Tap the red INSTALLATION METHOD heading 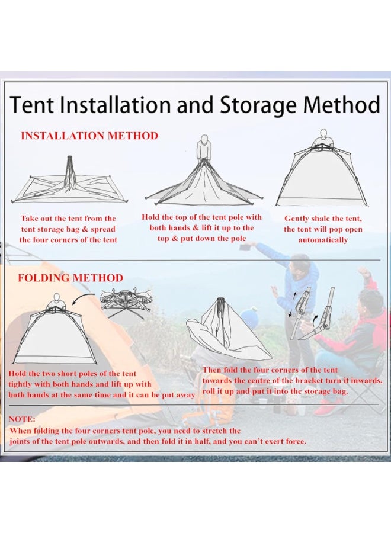pos(89,136)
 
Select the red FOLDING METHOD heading pos(70,278)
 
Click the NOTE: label pos(22,419)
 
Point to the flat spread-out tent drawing pos(68,184)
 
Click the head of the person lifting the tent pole pos(204,142)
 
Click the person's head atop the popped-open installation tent pos(323,134)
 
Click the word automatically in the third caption pos(323,240)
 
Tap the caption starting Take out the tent pos(68,229)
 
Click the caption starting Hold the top pos(201,227)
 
